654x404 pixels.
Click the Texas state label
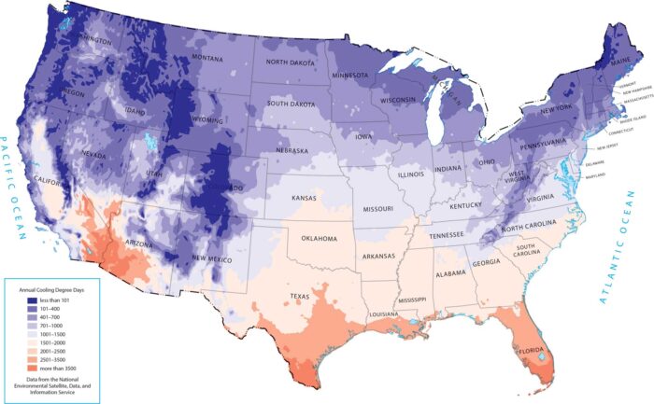coord(299,297)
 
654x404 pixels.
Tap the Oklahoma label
coord(319,239)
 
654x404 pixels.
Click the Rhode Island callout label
coord(620,119)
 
